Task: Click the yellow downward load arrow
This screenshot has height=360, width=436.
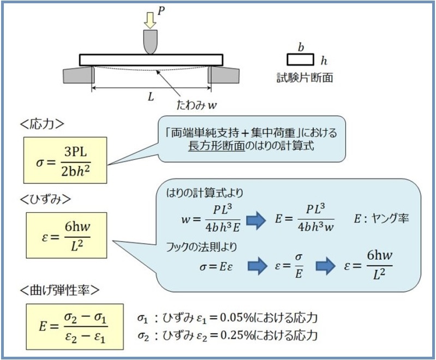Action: pyautogui.click(x=150, y=20)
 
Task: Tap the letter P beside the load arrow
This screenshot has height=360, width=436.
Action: pyautogui.click(x=161, y=11)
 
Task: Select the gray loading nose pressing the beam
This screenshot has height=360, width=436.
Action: pyautogui.click(x=150, y=41)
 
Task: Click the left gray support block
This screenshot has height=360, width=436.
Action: pyautogui.click(x=79, y=75)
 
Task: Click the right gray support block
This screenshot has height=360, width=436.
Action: pyautogui.click(x=224, y=75)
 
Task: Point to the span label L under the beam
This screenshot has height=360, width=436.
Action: pyautogui.click(x=151, y=97)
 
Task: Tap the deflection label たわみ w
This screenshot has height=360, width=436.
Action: pyautogui.click(x=196, y=105)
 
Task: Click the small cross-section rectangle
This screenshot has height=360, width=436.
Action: pyautogui.click(x=300, y=59)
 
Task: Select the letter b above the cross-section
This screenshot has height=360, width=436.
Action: pyautogui.click(x=301, y=47)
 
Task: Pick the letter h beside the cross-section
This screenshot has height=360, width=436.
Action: pyautogui.click(x=324, y=61)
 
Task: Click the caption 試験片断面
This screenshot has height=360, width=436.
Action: pyautogui.click(x=304, y=77)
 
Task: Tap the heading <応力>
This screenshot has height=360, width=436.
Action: pyautogui.click(x=42, y=124)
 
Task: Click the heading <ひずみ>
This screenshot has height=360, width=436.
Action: pyautogui.click(x=46, y=199)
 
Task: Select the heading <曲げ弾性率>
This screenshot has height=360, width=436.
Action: pyautogui.click(x=60, y=290)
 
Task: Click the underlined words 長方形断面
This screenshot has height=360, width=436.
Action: pyautogui.click(x=217, y=146)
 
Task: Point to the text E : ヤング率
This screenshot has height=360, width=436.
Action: pyautogui.click(x=381, y=219)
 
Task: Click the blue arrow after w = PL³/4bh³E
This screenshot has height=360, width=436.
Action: pyautogui.click(x=256, y=220)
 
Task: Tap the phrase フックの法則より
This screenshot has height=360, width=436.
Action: pyautogui.click(x=201, y=247)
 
